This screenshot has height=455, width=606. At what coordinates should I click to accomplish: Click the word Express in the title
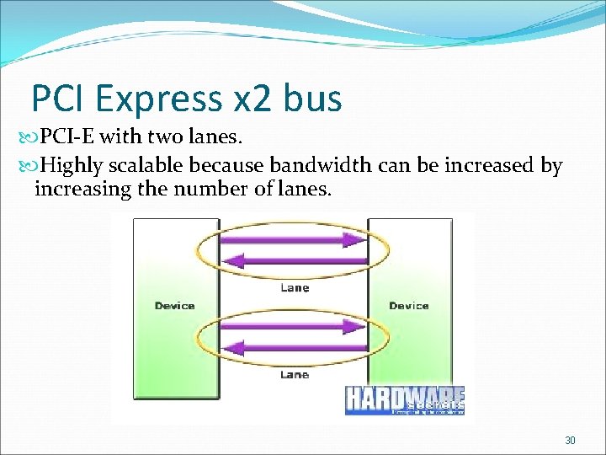160,99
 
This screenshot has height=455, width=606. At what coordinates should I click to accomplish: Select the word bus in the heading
313,99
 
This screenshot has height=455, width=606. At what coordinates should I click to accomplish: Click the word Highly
72,165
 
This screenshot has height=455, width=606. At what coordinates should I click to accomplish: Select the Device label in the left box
174,306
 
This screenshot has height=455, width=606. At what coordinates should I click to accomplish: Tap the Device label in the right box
408,306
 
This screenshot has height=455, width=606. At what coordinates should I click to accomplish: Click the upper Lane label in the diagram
294,288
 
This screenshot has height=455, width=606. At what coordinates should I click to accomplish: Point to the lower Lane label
294,374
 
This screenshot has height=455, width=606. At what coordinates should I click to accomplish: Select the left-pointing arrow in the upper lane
294,260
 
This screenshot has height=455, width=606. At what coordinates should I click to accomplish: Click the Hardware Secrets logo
405,400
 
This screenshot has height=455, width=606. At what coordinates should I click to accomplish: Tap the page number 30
570,441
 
